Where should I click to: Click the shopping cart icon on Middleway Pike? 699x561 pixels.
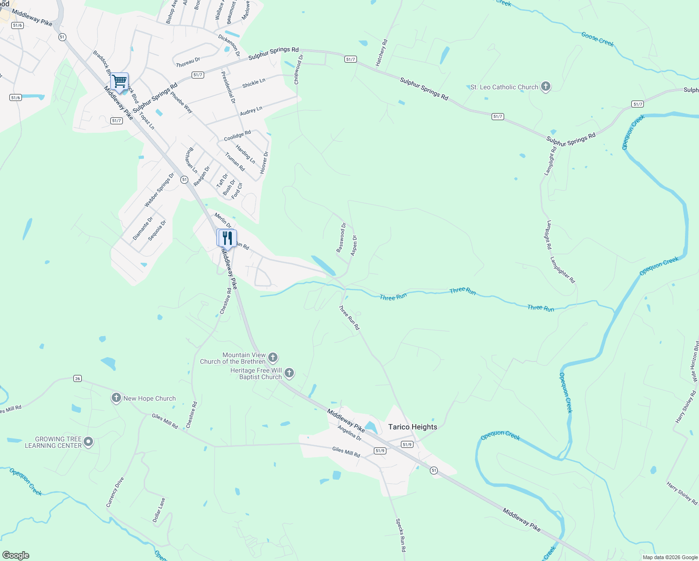pyautogui.click(x=120, y=81)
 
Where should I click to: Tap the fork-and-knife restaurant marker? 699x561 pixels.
pyautogui.click(x=227, y=238)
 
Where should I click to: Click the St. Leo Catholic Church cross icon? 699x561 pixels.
pyautogui.click(x=545, y=86)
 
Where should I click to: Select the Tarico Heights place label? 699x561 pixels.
pyautogui.click(x=413, y=427)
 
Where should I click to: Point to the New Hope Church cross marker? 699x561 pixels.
pyautogui.click(x=116, y=398)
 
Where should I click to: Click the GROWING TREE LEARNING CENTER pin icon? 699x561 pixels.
pyautogui.click(x=88, y=442)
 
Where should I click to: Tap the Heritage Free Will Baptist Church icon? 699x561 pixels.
pyautogui.click(x=289, y=373)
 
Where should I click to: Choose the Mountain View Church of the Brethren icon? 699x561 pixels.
pyautogui.click(x=273, y=358)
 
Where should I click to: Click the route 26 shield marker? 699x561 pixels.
pyautogui.click(x=78, y=378)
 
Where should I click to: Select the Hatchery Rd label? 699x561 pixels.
pyautogui.click(x=382, y=52)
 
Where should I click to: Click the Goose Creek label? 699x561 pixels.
pyautogui.click(x=598, y=39)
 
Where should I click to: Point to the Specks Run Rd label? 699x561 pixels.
pyautogui.click(x=401, y=535)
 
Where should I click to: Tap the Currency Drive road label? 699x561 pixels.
pyautogui.click(x=115, y=492)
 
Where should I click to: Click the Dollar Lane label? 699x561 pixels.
pyautogui.click(x=159, y=510)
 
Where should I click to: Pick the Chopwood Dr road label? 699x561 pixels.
pyautogui.click(x=299, y=69)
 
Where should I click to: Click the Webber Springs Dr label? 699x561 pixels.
pyautogui.click(x=159, y=190)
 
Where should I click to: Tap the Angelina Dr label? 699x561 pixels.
pyautogui.click(x=349, y=433)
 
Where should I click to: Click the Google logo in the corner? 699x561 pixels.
pyautogui.click(x=15, y=555)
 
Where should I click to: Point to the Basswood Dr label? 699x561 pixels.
pyautogui.click(x=342, y=238)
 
